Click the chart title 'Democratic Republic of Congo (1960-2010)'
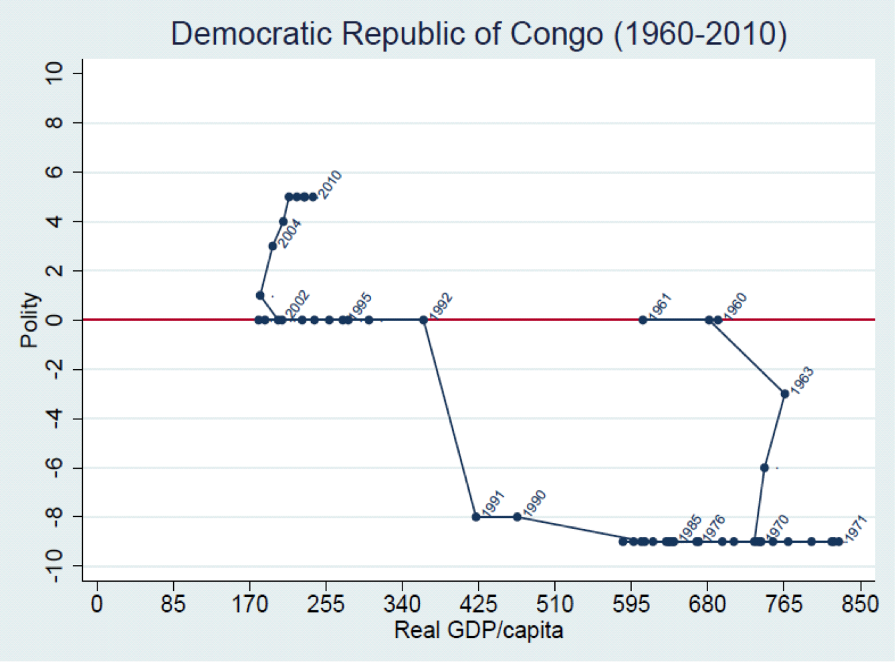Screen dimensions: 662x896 479,33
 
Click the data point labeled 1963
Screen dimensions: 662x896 784,394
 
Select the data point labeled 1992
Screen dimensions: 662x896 423,320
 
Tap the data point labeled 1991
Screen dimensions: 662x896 476,517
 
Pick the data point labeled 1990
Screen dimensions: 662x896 517,517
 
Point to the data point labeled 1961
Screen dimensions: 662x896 643,320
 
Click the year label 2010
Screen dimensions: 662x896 330,185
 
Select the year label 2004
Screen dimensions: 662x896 290,234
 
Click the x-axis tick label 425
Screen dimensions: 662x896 479,605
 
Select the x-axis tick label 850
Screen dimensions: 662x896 860,605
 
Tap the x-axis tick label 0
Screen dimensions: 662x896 98,605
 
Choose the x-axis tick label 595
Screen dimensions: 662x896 631,605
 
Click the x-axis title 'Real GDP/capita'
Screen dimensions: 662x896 479,630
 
